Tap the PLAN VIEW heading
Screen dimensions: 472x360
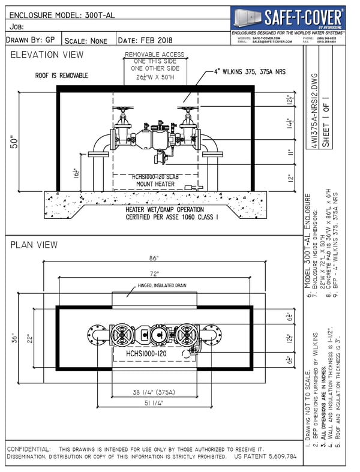pos(34,245)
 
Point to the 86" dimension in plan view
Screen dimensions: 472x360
pos(154,258)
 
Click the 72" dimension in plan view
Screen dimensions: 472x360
pos(154,273)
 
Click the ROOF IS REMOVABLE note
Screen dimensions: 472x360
pos(62,76)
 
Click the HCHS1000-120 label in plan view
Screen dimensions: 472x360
pos(146,354)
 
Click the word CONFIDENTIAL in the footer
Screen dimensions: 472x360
pos(28,449)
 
